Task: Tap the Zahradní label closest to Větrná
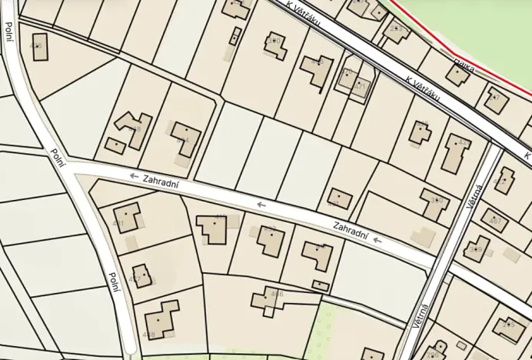pos(351,229)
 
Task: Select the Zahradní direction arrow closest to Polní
pos(134,176)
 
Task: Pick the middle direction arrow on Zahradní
pos(261,205)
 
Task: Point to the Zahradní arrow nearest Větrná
pos(377,241)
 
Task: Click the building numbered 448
pos(160,318)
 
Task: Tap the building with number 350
pos(435,203)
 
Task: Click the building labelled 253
pos(397,32)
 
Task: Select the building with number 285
pos(509,328)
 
